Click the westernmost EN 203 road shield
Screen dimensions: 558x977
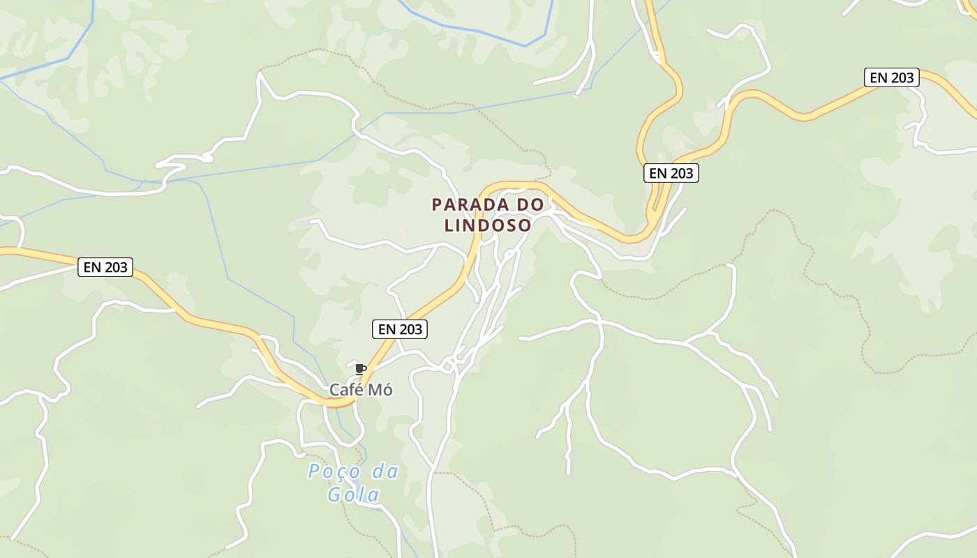point(105,266)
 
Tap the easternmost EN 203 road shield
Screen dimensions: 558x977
point(891,77)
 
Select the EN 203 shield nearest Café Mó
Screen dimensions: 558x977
point(400,329)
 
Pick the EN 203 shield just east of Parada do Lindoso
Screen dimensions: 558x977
point(671,173)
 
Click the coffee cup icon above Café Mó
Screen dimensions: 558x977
point(360,369)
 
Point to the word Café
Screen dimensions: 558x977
point(345,390)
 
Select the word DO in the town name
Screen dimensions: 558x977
point(530,205)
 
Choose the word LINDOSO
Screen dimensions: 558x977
point(488,225)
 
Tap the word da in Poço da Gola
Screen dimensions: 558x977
point(385,472)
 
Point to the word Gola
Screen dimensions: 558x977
point(354,495)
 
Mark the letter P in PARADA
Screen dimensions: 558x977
point(437,205)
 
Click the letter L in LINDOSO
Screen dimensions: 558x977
point(449,225)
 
